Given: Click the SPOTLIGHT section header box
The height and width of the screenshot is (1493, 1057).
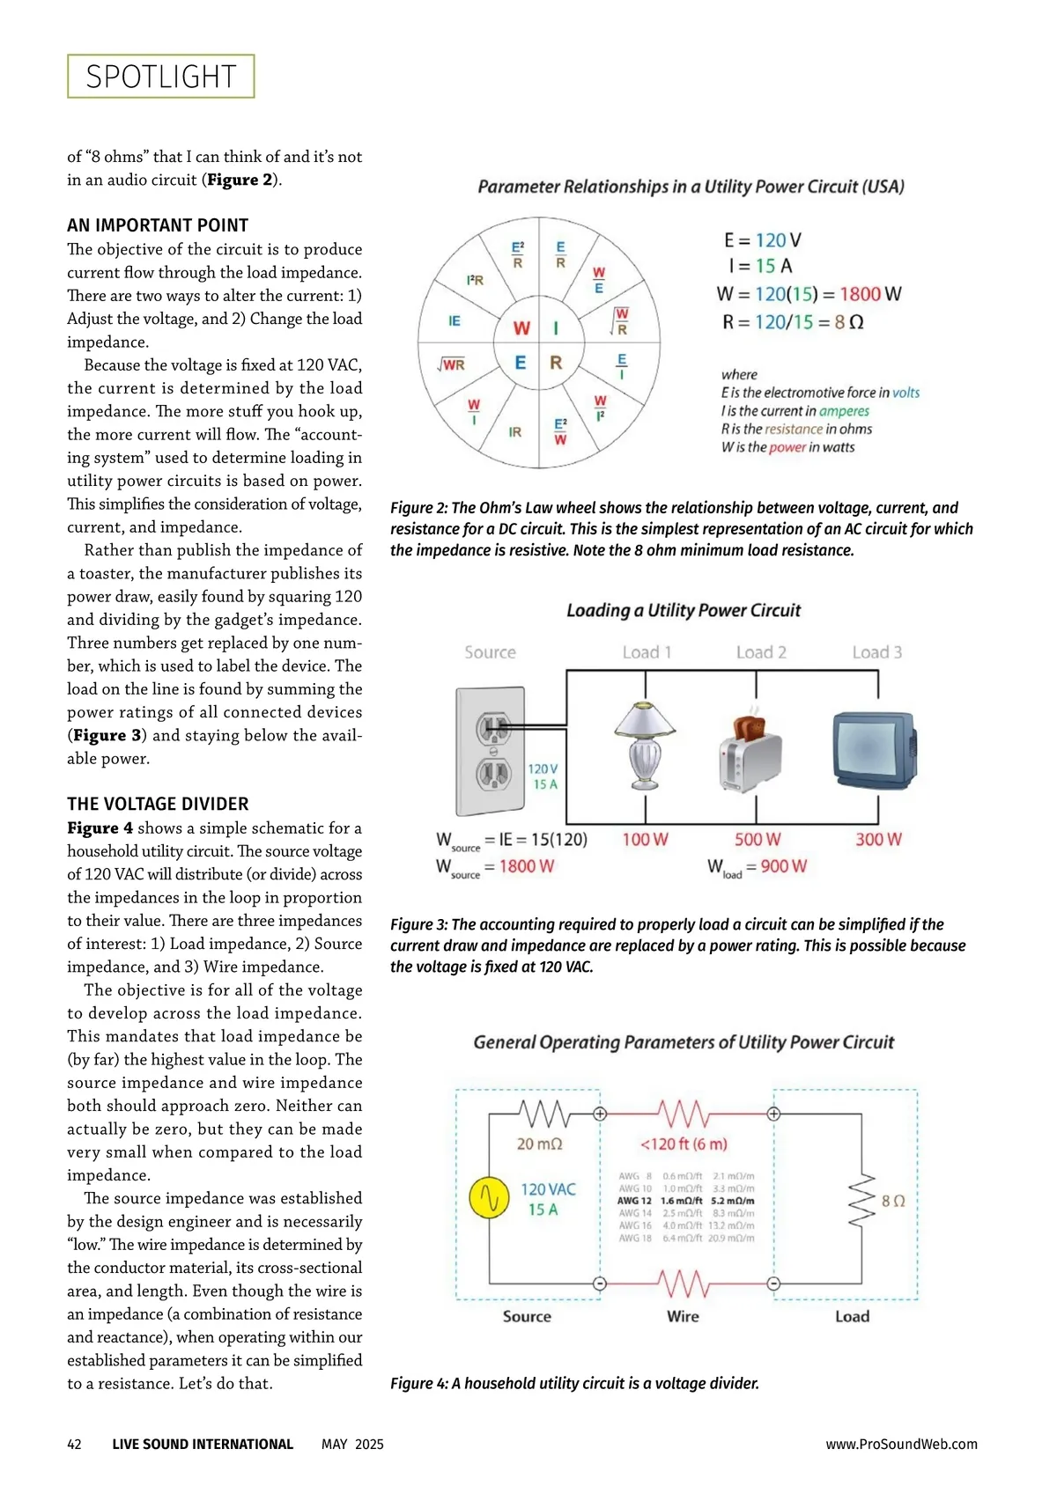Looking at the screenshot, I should coord(160,77).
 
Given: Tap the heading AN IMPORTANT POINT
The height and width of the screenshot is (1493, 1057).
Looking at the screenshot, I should coord(158,225).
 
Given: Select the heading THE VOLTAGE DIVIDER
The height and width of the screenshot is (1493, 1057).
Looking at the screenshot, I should coord(158,804).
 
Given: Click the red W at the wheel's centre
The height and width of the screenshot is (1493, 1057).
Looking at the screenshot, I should coord(521,328).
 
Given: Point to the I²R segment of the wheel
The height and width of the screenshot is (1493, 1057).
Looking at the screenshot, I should coord(475,280).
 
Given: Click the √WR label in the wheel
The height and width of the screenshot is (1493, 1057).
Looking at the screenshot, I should coord(452,364).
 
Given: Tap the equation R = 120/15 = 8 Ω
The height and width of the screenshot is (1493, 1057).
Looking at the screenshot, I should coord(793,322).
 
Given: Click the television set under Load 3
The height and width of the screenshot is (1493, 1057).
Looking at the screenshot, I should coord(875,748).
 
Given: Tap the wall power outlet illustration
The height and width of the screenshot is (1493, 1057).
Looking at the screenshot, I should coord(490,751).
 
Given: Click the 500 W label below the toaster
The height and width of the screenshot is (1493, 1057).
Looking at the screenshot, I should coord(758,840).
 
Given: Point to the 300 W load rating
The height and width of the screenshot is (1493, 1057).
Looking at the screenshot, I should coord(878,840).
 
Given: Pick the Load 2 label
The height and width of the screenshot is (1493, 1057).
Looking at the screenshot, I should coord(761,652).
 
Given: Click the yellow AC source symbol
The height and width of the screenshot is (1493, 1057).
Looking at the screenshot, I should coord(489,1198).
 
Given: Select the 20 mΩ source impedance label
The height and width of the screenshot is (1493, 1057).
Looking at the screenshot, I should coord(539,1144).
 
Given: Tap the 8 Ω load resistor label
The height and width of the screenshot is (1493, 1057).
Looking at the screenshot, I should coord(893,1201).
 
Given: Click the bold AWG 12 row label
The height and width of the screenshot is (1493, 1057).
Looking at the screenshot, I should coord(634,1201).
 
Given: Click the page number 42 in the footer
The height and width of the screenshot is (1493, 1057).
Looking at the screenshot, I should coord(75,1444).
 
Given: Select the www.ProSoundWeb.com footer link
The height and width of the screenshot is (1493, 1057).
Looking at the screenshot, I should coord(901,1444).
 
